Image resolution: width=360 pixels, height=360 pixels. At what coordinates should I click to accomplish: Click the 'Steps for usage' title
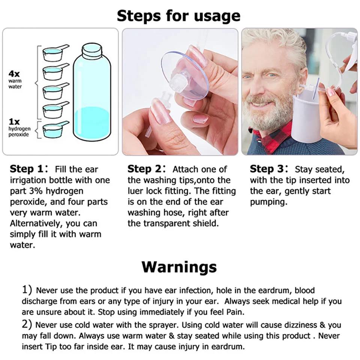[178, 16]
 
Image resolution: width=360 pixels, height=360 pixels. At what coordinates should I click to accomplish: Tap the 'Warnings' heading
[179, 267]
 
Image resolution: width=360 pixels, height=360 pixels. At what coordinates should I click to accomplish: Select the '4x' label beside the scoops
[14, 73]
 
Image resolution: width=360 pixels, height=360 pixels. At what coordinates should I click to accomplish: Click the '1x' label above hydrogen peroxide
[14, 122]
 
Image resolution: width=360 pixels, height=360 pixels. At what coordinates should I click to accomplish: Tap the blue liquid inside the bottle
[92, 124]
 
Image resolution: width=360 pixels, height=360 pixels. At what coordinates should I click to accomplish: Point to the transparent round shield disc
[184, 75]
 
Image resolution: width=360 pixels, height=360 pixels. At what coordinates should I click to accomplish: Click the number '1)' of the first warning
[27, 290]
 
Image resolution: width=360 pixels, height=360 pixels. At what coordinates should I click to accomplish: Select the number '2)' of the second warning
[27, 324]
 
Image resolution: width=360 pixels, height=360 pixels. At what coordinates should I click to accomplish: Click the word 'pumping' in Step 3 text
[268, 202]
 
